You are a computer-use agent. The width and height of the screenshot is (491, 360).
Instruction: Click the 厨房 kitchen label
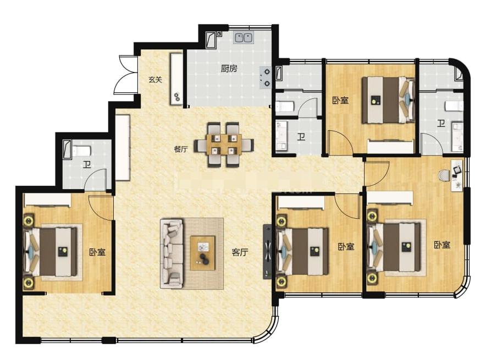tap(229, 68)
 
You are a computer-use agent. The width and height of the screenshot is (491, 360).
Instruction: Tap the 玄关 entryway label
tap(155, 80)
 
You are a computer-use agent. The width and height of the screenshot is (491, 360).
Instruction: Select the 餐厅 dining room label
tap(181, 149)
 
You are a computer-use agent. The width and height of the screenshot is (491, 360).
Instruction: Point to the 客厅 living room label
tap(240, 252)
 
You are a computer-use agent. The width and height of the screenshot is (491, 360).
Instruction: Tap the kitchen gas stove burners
tap(266, 77)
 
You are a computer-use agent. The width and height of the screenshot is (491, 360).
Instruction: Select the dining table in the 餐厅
tap(224, 145)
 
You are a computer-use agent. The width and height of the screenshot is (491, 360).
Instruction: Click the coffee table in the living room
tap(203, 253)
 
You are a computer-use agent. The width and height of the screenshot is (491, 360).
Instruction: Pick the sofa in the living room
tap(172, 253)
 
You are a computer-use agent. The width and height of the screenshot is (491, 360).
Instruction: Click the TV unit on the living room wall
tap(267, 251)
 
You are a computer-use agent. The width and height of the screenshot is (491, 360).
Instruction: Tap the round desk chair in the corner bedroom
tap(444, 175)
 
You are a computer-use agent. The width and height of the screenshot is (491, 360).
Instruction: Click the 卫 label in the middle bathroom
tap(301, 136)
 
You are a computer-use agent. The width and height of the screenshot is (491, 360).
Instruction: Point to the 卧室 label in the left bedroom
tap(97, 252)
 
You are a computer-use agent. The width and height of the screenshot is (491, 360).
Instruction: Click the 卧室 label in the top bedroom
tap(340, 101)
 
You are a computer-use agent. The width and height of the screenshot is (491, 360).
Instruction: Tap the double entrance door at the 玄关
tap(126, 74)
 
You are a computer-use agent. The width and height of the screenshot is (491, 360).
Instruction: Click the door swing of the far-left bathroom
tap(96, 179)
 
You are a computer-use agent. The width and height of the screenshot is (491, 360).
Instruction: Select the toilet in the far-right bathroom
tap(454, 106)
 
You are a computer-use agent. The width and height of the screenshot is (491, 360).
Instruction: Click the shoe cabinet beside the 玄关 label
tap(176, 79)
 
